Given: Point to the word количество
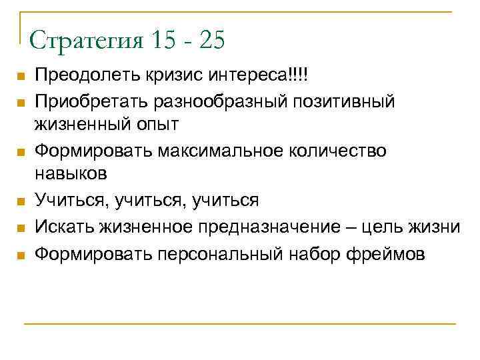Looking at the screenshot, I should point(342,151).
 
